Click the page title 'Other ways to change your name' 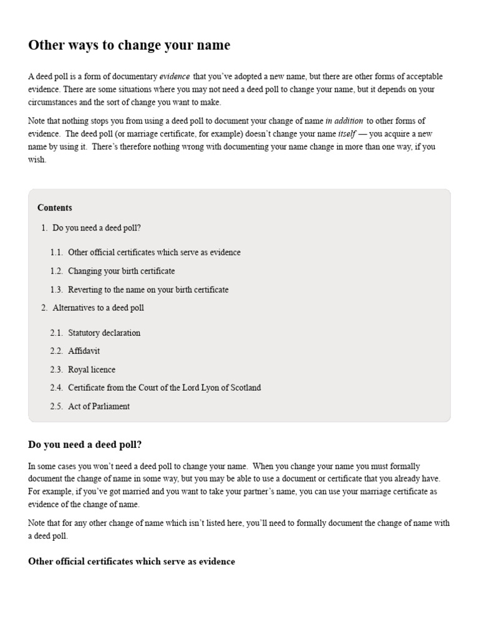point(129,45)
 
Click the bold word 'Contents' point(55,208)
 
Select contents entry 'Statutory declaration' point(104,333)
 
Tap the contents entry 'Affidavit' point(84,351)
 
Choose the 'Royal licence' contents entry point(92,369)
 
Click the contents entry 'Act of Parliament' point(99,406)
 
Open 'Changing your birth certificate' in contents point(122,271)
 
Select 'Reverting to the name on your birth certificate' point(148,290)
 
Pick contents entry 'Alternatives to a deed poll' point(99,308)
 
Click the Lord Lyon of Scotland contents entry point(165,388)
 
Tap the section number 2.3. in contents point(57,369)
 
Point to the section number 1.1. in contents point(57,252)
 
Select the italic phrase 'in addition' point(344,121)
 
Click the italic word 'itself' point(346,134)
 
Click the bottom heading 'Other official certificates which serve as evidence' point(132,561)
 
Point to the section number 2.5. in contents point(57,406)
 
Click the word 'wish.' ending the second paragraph point(37,159)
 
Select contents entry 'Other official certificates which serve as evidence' point(154,252)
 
